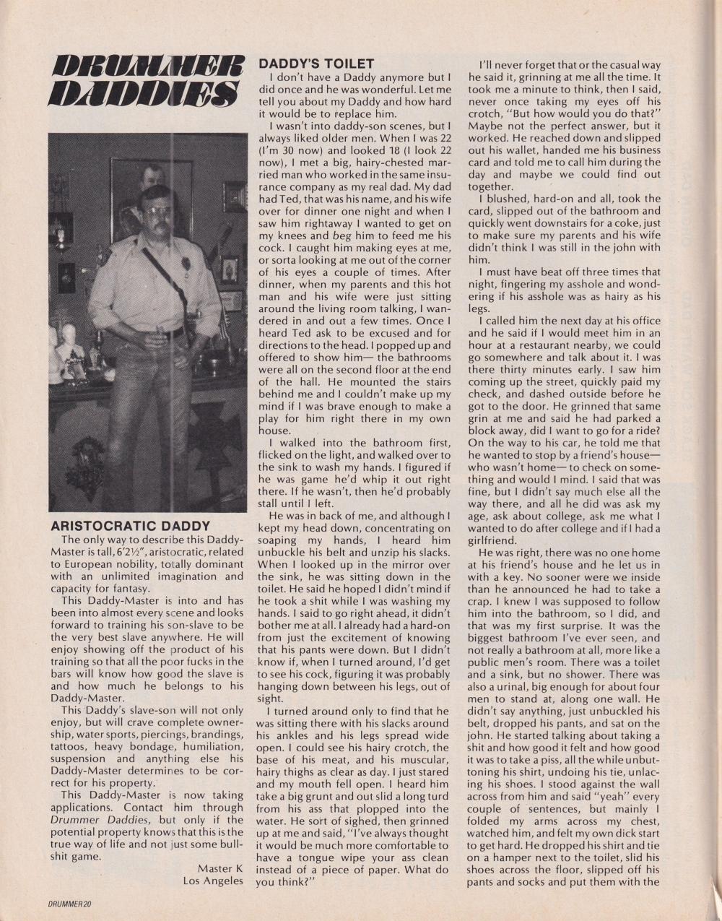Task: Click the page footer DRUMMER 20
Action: coord(71,903)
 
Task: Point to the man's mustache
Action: coord(162,222)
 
